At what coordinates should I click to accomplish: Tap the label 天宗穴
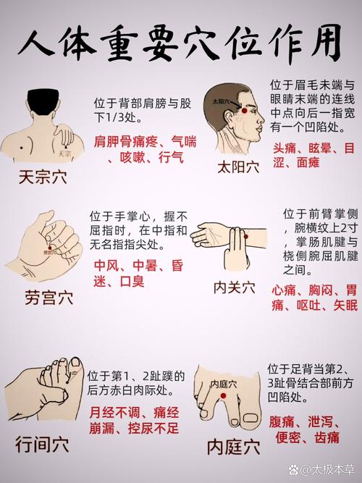pyautogui.click(x=43, y=177)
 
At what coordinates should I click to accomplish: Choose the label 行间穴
pyautogui.click(x=43, y=444)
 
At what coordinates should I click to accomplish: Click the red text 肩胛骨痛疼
pyautogui.click(x=125, y=140)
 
